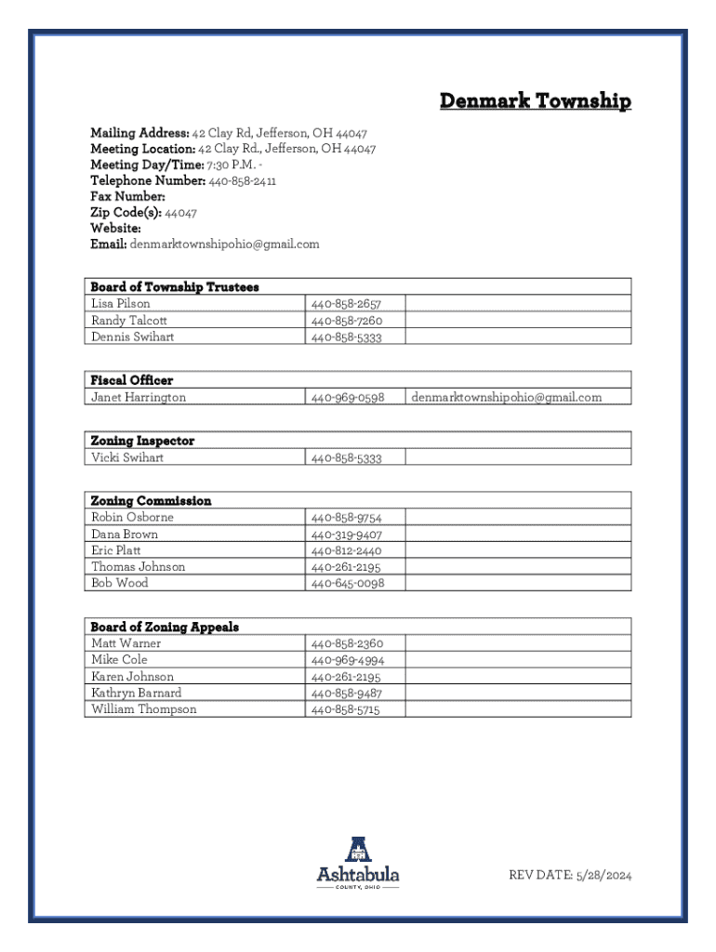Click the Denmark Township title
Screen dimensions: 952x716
535,101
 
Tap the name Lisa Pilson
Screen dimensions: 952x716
120,304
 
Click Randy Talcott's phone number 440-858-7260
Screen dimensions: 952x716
346,321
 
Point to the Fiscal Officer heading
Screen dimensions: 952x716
131,380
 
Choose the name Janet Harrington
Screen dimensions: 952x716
138,397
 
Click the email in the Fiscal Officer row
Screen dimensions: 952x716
506,397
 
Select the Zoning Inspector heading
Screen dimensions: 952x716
142,441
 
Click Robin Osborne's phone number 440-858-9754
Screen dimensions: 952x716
346,518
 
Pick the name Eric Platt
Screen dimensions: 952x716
116,550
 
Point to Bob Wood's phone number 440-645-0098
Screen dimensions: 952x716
347,584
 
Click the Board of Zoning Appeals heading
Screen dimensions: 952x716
165,627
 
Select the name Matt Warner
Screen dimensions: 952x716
126,643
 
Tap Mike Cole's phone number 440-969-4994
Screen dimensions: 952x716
346,660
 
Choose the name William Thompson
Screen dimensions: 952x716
143,709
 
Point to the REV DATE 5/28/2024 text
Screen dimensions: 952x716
569,875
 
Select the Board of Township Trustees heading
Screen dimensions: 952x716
174,287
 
